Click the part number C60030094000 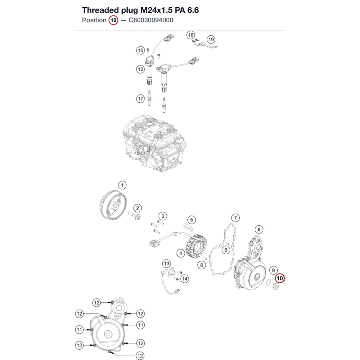(151, 20)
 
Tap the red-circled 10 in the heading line (113, 21)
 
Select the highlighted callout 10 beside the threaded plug (280, 278)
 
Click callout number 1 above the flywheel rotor (122, 185)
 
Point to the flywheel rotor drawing (113, 205)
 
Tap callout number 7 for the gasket (235, 218)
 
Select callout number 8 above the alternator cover (259, 229)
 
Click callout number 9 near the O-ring (273, 270)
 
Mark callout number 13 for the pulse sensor (166, 264)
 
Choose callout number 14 (185, 279)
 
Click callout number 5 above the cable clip (192, 220)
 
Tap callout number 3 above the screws (163, 216)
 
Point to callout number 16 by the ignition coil (140, 69)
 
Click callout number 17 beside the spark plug (140, 99)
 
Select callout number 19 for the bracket (211, 40)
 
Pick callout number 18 (190, 35)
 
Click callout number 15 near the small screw (140, 50)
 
